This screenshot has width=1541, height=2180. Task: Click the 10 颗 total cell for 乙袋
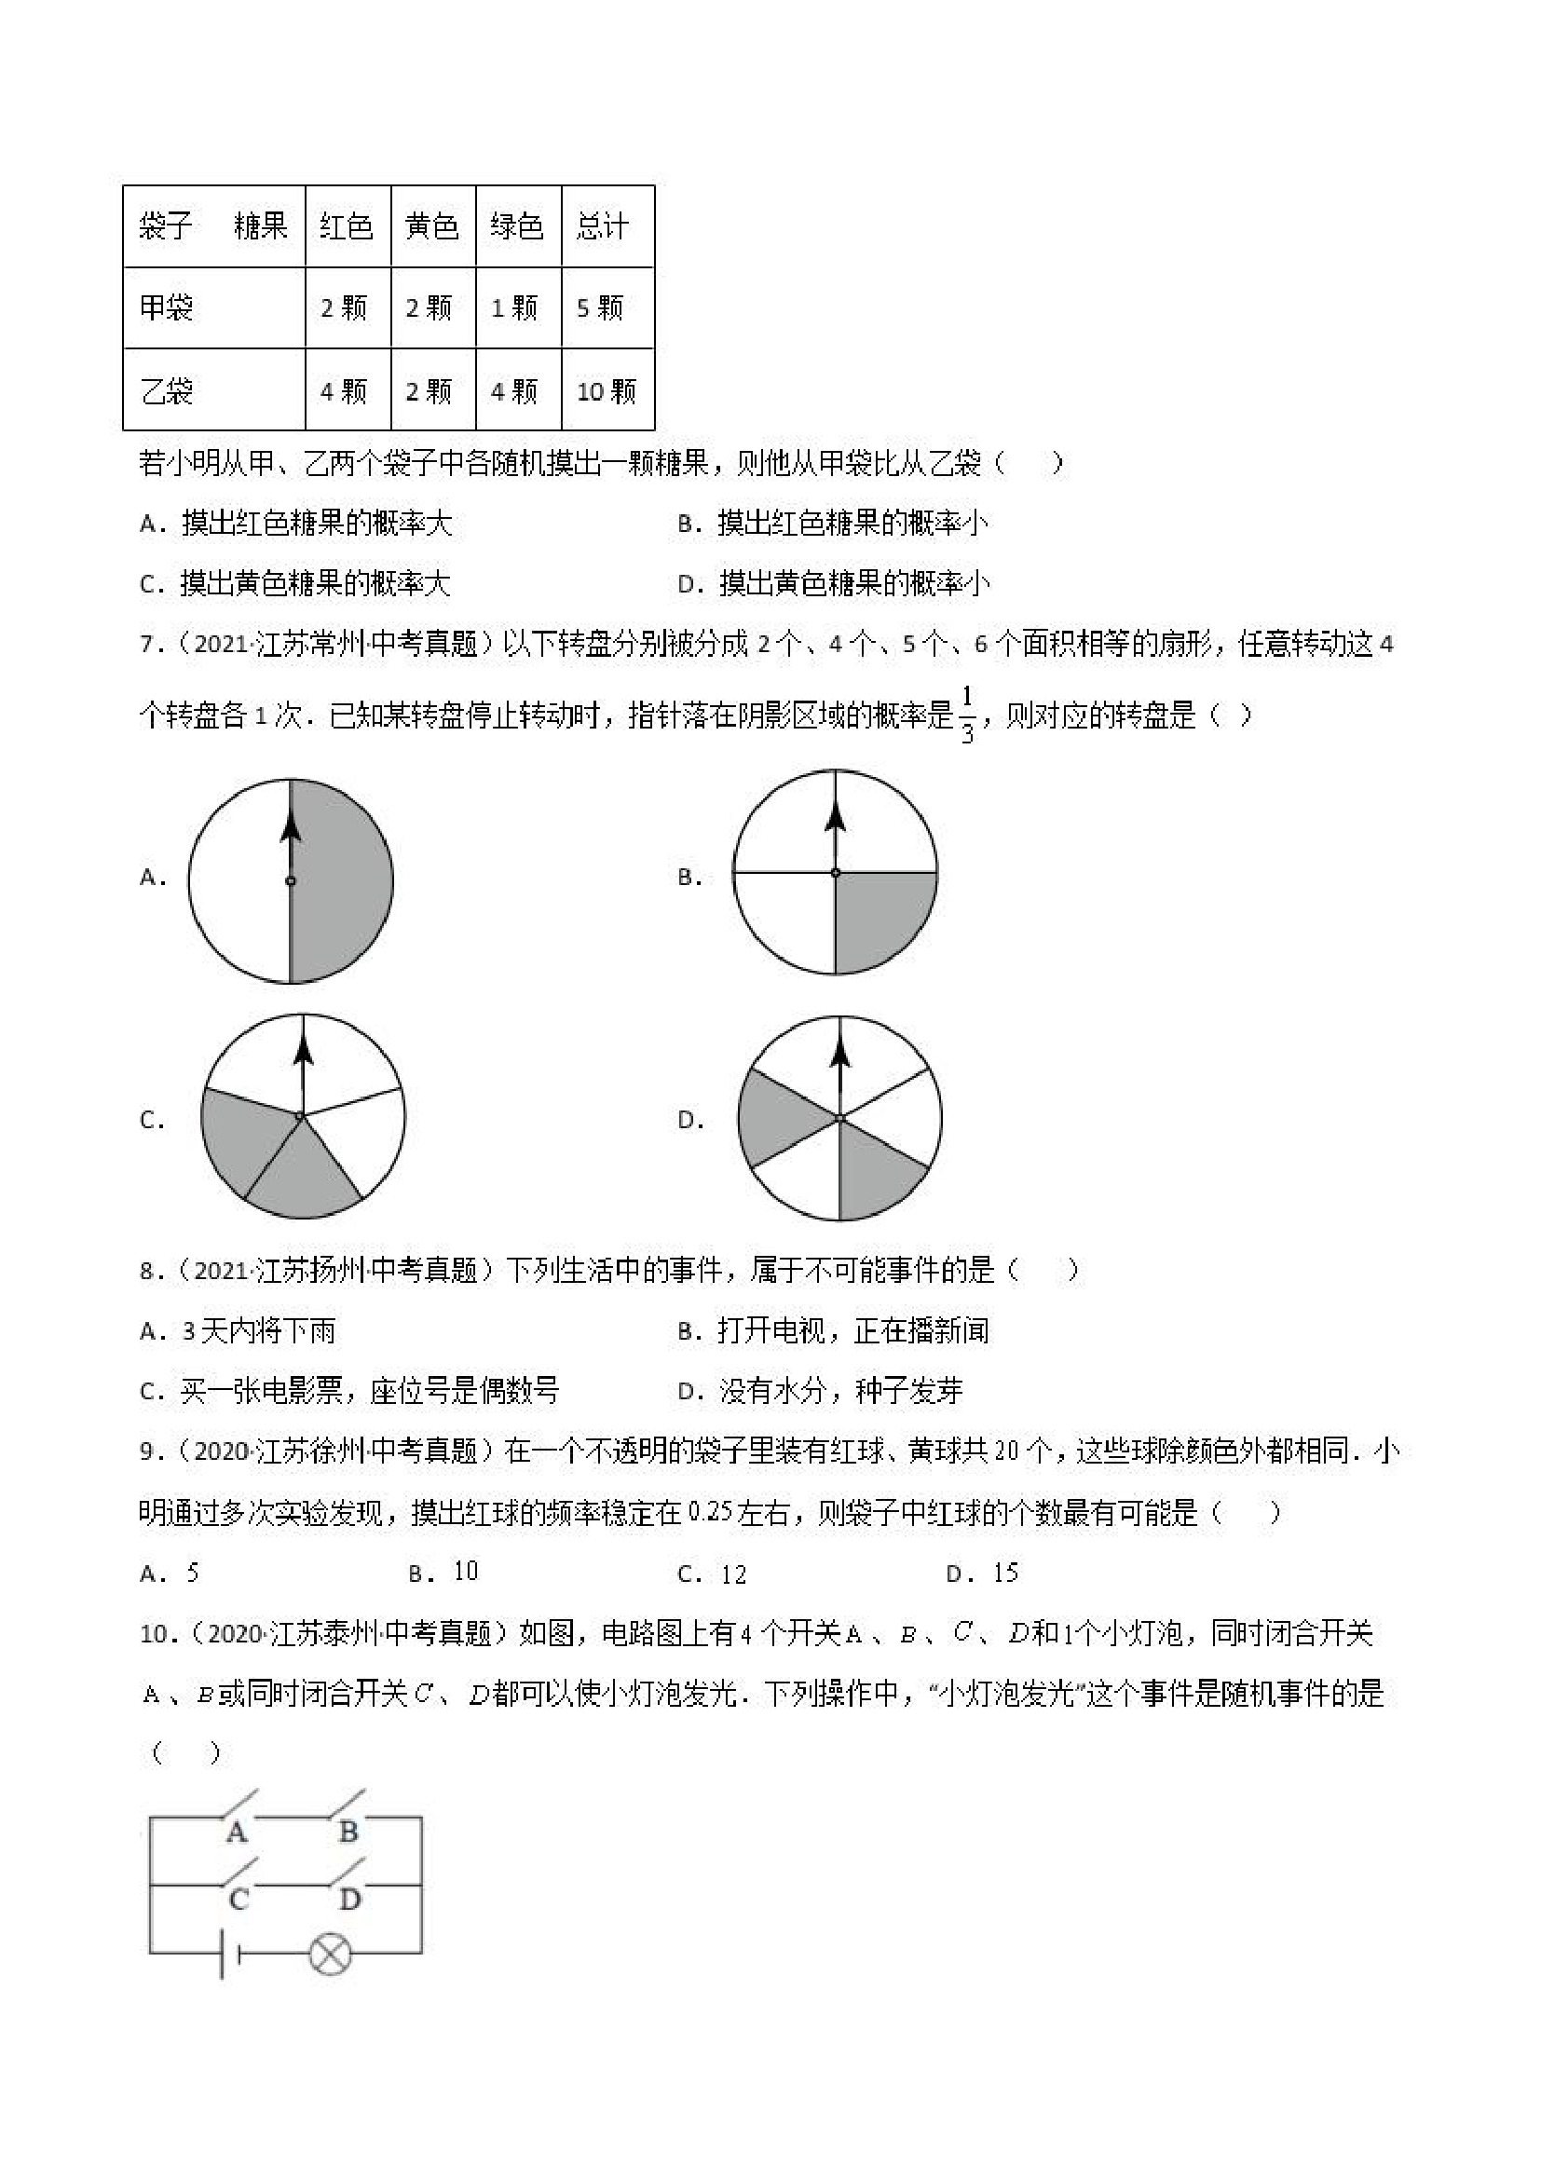coord(607,390)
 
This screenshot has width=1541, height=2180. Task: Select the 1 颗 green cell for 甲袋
coord(513,307)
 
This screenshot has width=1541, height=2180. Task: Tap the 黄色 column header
coord(432,226)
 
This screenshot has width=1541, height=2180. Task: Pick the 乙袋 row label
coord(167,390)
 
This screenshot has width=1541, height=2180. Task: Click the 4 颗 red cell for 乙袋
coord(344,390)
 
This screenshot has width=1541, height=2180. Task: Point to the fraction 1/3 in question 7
coord(966,714)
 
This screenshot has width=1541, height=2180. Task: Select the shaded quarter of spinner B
coord(879,916)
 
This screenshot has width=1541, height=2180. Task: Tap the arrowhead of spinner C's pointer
coord(303,1048)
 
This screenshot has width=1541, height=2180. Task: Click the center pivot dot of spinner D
coord(839,1120)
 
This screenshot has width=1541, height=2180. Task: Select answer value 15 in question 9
coord(1005,1574)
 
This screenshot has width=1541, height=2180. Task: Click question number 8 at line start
coord(147,1271)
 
